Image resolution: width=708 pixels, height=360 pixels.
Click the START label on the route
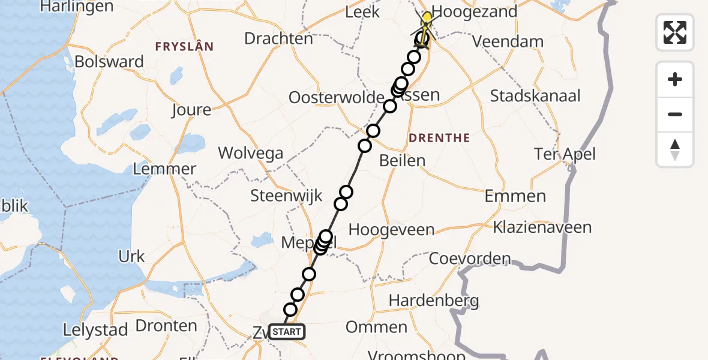click(x=287, y=332)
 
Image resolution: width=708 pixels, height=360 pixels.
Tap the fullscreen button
click(x=675, y=32)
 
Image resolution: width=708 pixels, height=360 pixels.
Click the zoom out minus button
click(x=675, y=114)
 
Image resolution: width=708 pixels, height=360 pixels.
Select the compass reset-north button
click(x=675, y=149)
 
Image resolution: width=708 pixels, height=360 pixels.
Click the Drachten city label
click(x=278, y=38)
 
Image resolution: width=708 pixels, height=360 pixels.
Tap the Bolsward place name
click(x=110, y=62)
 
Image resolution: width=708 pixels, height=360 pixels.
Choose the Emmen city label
click(x=515, y=196)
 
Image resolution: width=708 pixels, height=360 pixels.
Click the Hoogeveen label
click(x=391, y=229)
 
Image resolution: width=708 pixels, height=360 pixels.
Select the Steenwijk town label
click(x=286, y=196)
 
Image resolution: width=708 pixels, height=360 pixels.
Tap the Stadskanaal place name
click(x=535, y=96)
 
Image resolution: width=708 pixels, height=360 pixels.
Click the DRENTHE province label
click(x=439, y=138)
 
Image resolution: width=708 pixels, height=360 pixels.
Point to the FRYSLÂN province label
click(x=184, y=46)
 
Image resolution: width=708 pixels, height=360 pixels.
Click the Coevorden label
click(x=470, y=259)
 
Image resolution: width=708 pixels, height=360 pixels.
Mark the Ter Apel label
click(x=565, y=154)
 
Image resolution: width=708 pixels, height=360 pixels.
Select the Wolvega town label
click(x=250, y=153)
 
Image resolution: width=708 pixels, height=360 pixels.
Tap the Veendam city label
click(x=508, y=42)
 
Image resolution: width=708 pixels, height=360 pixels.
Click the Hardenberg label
click(x=434, y=300)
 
